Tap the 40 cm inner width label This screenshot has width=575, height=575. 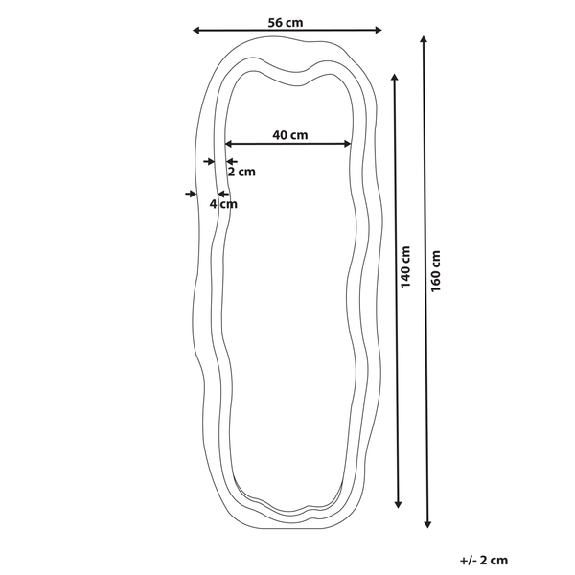(289, 135)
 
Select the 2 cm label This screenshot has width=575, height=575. (241, 172)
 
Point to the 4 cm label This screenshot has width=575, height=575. (223, 203)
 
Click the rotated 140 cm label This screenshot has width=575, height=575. (405, 267)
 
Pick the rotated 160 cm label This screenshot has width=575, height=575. (436, 271)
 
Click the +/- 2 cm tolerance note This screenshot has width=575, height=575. (484, 557)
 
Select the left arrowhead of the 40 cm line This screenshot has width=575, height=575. (230, 145)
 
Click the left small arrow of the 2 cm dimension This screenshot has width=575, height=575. (209, 162)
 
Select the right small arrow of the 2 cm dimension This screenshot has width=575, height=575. (231, 162)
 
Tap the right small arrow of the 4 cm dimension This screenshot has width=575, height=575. (222, 194)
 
